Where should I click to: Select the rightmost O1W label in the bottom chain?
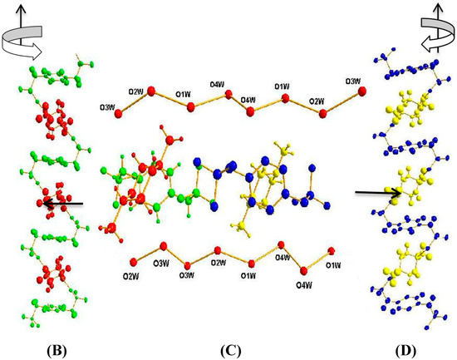click(334, 265)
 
